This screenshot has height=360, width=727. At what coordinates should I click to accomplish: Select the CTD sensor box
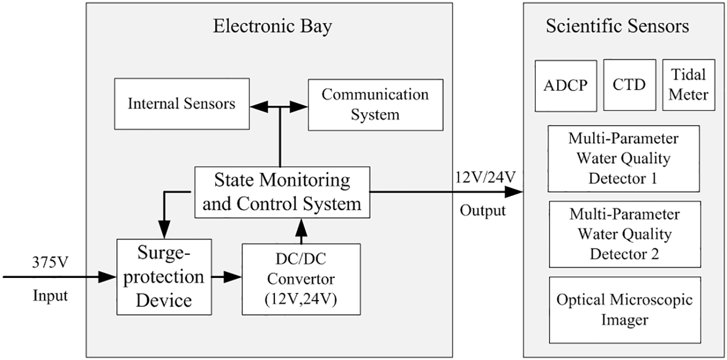pyautogui.click(x=629, y=85)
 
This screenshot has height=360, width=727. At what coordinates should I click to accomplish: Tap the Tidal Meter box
pyautogui.click(x=689, y=85)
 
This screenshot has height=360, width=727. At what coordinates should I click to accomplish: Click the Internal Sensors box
pyautogui.click(x=181, y=104)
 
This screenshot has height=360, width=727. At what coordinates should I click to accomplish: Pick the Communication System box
pyautogui.click(x=375, y=104)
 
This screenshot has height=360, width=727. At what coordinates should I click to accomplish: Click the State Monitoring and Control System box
pyautogui.click(x=282, y=192)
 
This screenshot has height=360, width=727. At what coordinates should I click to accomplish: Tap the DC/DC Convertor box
pyautogui.click(x=301, y=279)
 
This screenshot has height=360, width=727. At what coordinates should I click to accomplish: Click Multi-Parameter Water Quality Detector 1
pyautogui.click(x=624, y=158)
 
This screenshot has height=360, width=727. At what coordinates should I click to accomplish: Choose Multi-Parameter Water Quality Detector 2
pyautogui.click(x=624, y=234)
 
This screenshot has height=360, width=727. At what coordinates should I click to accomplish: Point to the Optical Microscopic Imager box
pyautogui.click(x=624, y=310)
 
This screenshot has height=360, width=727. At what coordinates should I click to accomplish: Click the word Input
pyautogui.click(x=50, y=296)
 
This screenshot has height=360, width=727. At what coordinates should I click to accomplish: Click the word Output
pyautogui.click(x=483, y=210)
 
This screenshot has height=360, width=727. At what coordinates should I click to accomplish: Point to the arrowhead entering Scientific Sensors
pyautogui.click(x=514, y=192)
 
